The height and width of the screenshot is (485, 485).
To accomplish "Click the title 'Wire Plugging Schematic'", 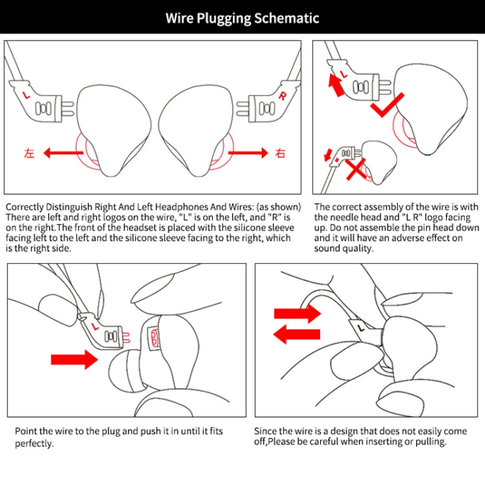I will pos(242,17).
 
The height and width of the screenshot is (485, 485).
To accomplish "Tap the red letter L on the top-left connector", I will pos(26,94).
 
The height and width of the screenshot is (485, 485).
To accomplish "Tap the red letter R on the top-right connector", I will pos(282,96).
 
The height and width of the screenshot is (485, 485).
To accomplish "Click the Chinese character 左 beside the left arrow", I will pos(28,153).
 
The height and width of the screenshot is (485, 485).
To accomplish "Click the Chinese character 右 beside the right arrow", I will pos(280,153).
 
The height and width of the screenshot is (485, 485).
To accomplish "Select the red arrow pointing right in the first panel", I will pos(246,153).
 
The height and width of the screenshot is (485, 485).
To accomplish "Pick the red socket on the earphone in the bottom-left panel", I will pos(155,337).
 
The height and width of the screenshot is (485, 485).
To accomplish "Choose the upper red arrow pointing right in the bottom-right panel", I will pos(297,314).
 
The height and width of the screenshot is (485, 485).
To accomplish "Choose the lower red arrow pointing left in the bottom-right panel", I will pos(297,334).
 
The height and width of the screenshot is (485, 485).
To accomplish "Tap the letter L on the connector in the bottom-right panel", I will pos(360,328).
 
